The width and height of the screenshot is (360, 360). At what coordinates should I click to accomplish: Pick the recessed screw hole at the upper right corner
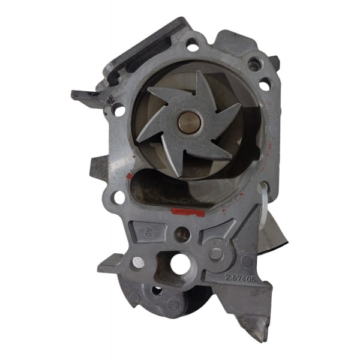(257, 62)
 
